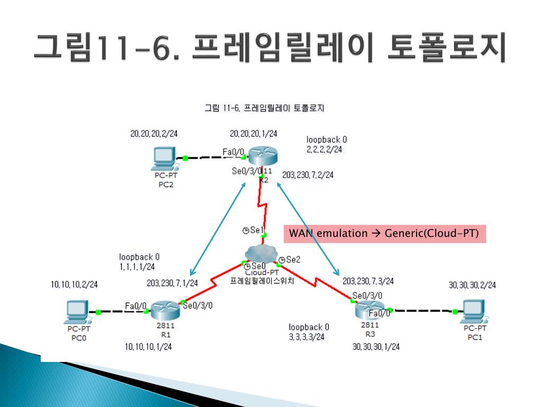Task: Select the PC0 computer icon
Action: tap(77, 312)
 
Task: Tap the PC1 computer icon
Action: tap(473, 311)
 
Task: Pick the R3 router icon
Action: tap(369, 309)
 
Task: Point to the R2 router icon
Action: tap(263, 156)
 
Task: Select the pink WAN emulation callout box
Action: tap(385, 234)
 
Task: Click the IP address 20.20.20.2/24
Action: tap(154, 134)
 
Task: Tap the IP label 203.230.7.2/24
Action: tap(308, 175)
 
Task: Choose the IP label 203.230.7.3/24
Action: tap(368, 281)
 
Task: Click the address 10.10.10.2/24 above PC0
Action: tap(75, 285)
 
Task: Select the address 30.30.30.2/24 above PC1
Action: tap(472, 285)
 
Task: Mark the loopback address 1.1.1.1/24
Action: tap(137, 267)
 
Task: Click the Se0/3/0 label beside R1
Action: tap(197, 305)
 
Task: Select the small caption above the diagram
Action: tap(264, 109)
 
